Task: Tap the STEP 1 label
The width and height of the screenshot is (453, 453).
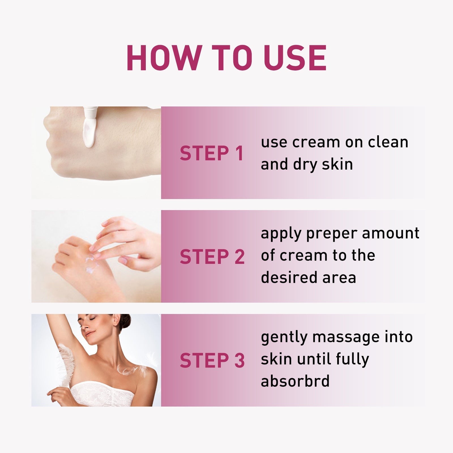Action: click(211, 153)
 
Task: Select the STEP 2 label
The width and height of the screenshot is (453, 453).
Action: click(212, 257)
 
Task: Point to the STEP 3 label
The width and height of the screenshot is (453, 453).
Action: click(212, 361)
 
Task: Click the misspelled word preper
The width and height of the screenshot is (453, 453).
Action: click(332, 234)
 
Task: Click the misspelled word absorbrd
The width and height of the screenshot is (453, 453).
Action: click(295, 381)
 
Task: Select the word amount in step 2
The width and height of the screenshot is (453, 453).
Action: click(390, 233)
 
